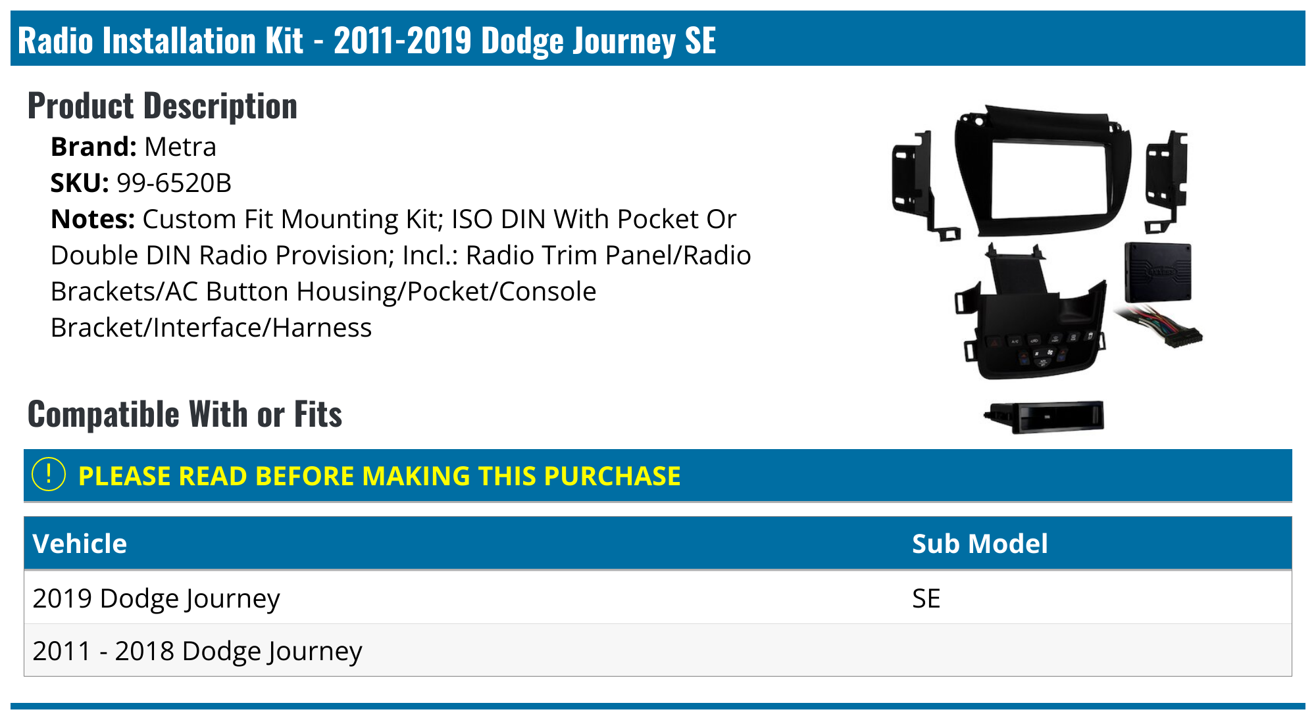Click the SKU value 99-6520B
(x=174, y=183)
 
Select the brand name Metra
(x=180, y=147)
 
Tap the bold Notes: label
(x=93, y=219)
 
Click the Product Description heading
(x=163, y=106)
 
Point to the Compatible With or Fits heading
(x=185, y=414)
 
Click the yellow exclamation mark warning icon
(x=49, y=475)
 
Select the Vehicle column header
(x=80, y=544)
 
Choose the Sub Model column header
(x=980, y=544)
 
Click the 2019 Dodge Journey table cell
(x=156, y=598)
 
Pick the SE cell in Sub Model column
(x=926, y=598)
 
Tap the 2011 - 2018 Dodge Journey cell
(x=197, y=651)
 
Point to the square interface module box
(x=1157, y=271)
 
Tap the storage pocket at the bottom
(x=1044, y=416)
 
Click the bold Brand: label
(x=93, y=147)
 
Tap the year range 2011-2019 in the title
(x=403, y=40)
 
